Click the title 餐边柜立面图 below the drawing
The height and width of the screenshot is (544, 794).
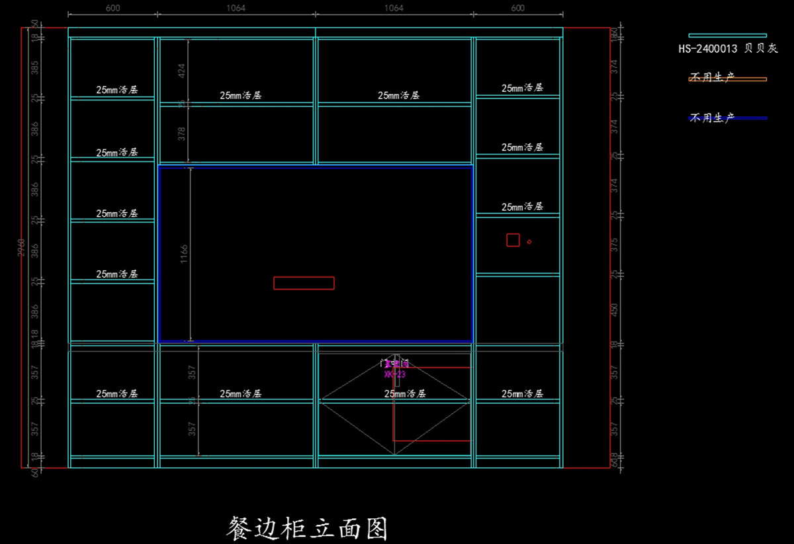coord(306,528)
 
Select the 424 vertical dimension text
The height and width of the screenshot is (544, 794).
coord(182,71)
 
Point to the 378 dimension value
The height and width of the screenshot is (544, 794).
coord(182,134)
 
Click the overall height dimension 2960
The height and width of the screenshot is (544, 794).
coord(22,248)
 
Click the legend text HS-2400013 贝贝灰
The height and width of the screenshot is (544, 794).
coord(728,48)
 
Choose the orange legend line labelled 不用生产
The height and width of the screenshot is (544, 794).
coord(727,79)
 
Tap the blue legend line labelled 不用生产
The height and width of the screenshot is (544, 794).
coord(727,118)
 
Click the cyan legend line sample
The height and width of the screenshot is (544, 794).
coord(727,35)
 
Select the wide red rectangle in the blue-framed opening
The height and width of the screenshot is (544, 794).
coord(304,283)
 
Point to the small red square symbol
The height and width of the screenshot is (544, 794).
coord(513,240)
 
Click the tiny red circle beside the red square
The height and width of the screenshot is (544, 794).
coord(529,242)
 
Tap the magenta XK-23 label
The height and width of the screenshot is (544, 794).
coord(394,374)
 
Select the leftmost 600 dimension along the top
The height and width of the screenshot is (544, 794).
coord(112,8)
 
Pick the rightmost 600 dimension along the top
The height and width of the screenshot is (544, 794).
coord(517,8)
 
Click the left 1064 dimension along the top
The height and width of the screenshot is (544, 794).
coord(236,8)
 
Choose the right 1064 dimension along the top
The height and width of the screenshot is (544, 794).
coord(394,8)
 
